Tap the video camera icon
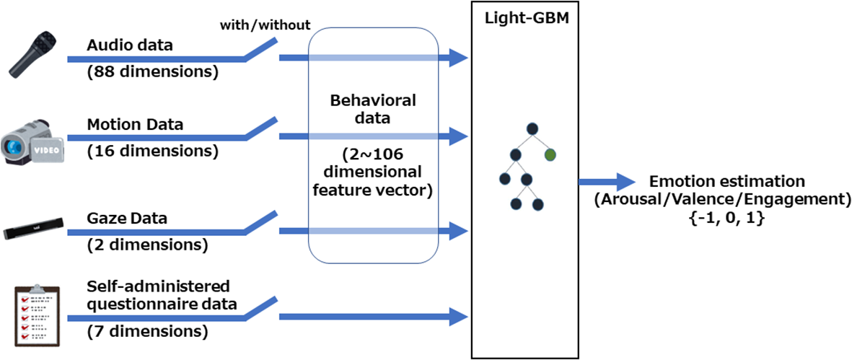[x=32, y=142]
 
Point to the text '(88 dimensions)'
[x=152, y=72]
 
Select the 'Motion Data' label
[x=135, y=124]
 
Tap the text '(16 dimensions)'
[x=151, y=152]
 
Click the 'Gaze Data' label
[x=128, y=218]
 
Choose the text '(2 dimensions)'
[x=147, y=245]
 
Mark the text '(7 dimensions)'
[x=147, y=332]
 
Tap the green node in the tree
[x=551, y=154]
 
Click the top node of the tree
[x=532, y=129]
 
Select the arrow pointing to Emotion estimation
[x=606, y=183]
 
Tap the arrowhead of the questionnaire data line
[x=457, y=315]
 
